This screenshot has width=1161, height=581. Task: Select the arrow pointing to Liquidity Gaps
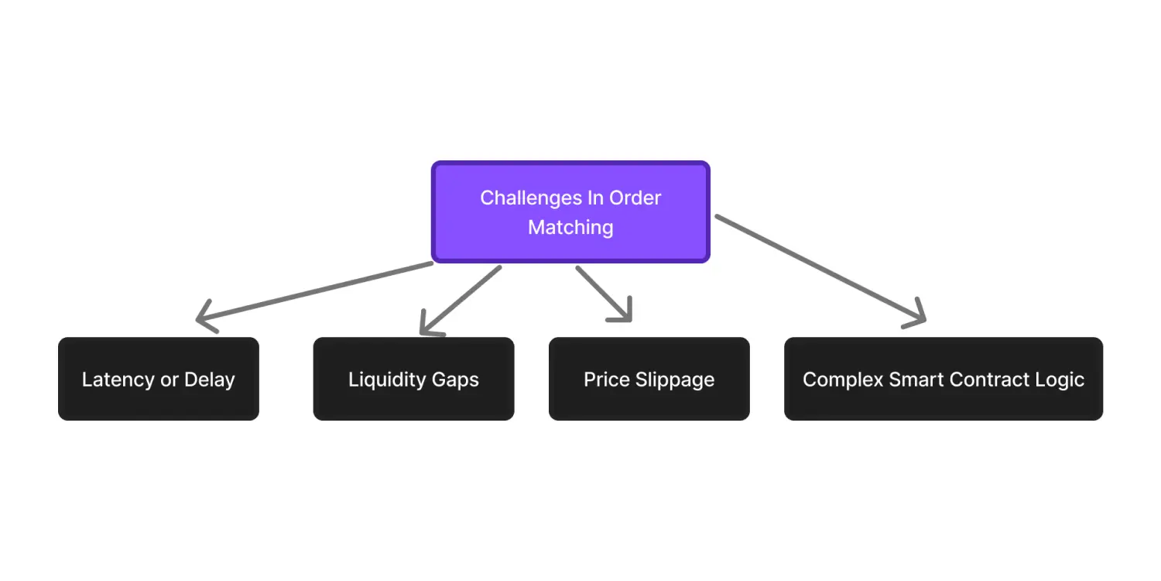coord(460,301)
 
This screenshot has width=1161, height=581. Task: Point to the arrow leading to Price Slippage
coord(604,294)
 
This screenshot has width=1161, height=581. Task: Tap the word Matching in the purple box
coord(570,227)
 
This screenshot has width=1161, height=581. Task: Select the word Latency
coord(118,380)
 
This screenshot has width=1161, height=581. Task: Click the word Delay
coord(209,380)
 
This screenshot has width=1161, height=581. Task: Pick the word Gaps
coord(457,380)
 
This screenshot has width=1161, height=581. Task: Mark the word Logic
coord(1061,380)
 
